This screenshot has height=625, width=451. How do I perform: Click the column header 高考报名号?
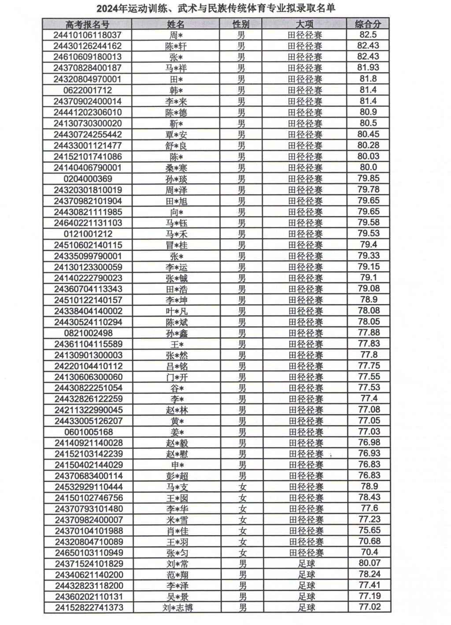(x=87, y=24)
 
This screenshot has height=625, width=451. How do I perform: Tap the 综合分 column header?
(x=368, y=24)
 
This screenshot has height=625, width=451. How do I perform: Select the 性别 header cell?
(x=241, y=24)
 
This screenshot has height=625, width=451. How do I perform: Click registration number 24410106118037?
(x=87, y=35)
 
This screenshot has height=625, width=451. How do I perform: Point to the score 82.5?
(x=368, y=35)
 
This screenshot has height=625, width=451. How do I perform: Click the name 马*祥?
(x=176, y=68)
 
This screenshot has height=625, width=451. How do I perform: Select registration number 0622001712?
(x=87, y=90)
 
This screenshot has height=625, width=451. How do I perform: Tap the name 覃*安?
(x=176, y=135)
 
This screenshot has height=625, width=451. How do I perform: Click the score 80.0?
(x=368, y=167)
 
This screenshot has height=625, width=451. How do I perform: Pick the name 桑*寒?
(x=176, y=168)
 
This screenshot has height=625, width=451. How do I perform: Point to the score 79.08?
(x=369, y=289)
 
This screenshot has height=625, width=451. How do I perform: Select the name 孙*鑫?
(x=177, y=333)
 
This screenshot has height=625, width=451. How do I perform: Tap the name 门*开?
(x=177, y=377)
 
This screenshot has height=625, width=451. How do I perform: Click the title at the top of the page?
(x=216, y=8)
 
